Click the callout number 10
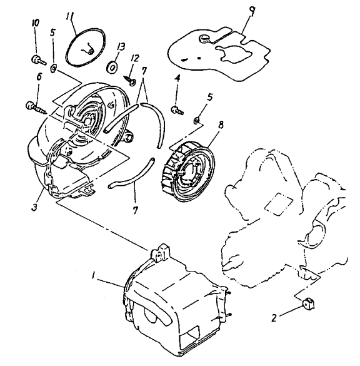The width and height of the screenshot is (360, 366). [36, 23]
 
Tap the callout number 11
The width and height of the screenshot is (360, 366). [70, 16]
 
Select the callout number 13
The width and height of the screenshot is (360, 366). [121, 47]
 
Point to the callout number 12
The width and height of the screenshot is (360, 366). [135, 58]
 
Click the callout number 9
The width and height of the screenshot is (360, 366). [252, 11]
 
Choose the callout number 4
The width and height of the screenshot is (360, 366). [177, 78]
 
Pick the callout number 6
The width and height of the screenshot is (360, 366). [39, 76]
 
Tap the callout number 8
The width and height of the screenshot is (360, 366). [221, 125]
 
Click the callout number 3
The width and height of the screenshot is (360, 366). [34, 207]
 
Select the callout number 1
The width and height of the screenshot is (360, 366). [94, 276]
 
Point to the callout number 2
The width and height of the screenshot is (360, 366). [274, 318]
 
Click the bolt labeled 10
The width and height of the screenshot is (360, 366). [39, 60]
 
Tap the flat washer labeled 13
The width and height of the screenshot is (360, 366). [112, 67]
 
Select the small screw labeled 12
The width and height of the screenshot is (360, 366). [129, 80]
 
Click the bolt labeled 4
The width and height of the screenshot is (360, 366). [177, 110]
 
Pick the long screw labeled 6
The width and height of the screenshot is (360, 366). [36, 108]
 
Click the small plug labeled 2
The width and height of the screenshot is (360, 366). [308, 304]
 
